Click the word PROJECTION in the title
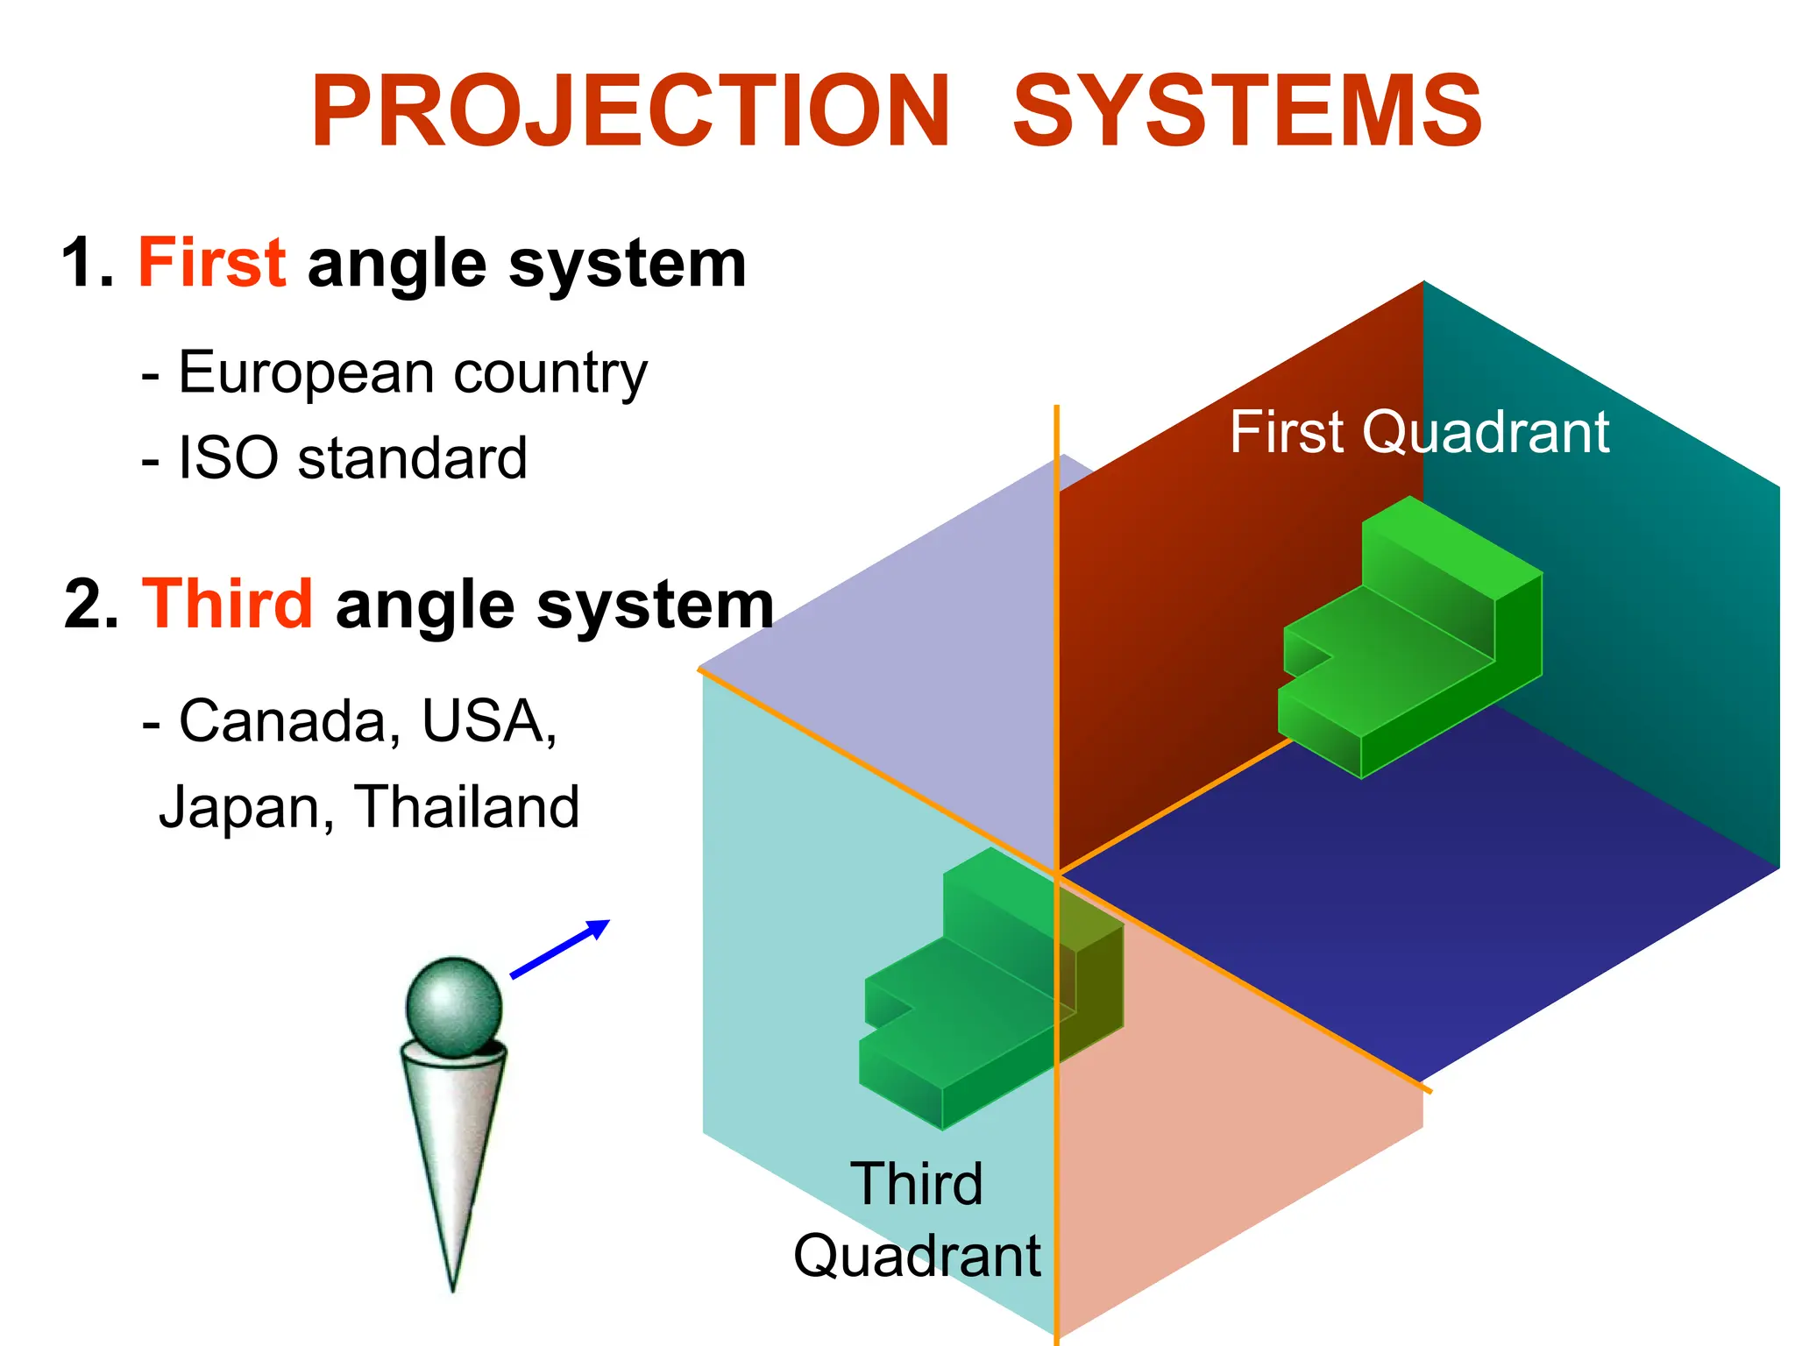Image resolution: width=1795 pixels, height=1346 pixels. [631, 111]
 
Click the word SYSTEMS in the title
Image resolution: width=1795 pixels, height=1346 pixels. [1247, 111]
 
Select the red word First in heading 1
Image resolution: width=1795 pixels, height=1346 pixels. [211, 262]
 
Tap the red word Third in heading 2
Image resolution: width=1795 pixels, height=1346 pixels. [227, 604]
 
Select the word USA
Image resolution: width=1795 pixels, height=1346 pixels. [487, 721]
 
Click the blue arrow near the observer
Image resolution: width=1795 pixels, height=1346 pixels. [561, 948]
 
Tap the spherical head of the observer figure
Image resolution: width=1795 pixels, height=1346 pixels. [454, 1005]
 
